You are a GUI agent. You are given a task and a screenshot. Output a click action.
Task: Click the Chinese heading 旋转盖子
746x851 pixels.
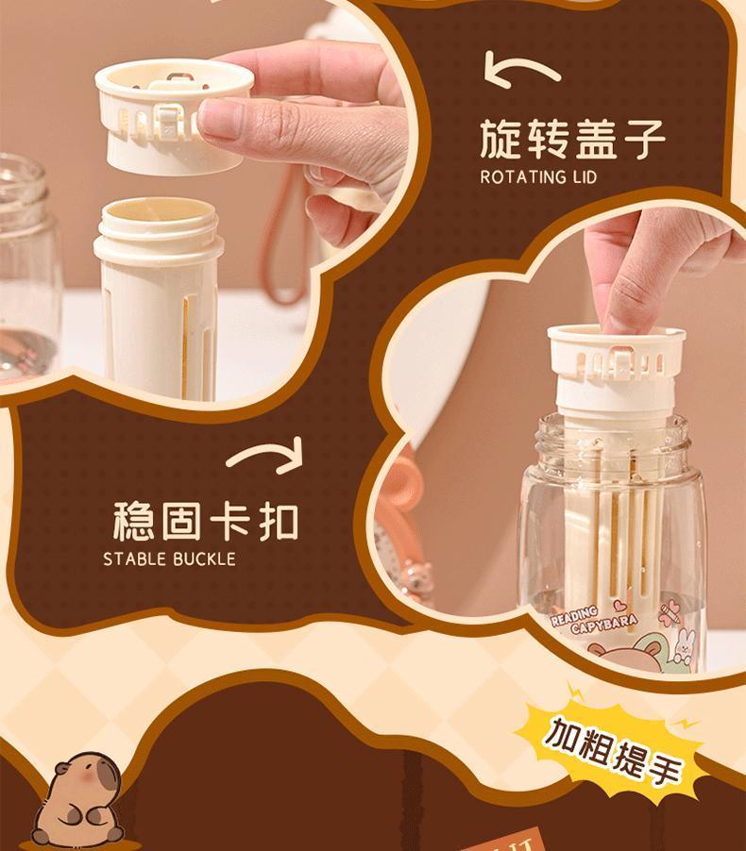[x=572, y=139]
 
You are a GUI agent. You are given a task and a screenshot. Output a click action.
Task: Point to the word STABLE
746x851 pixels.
[x=135, y=559]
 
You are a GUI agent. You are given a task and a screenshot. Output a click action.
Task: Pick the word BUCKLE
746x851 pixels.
[x=204, y=559]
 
